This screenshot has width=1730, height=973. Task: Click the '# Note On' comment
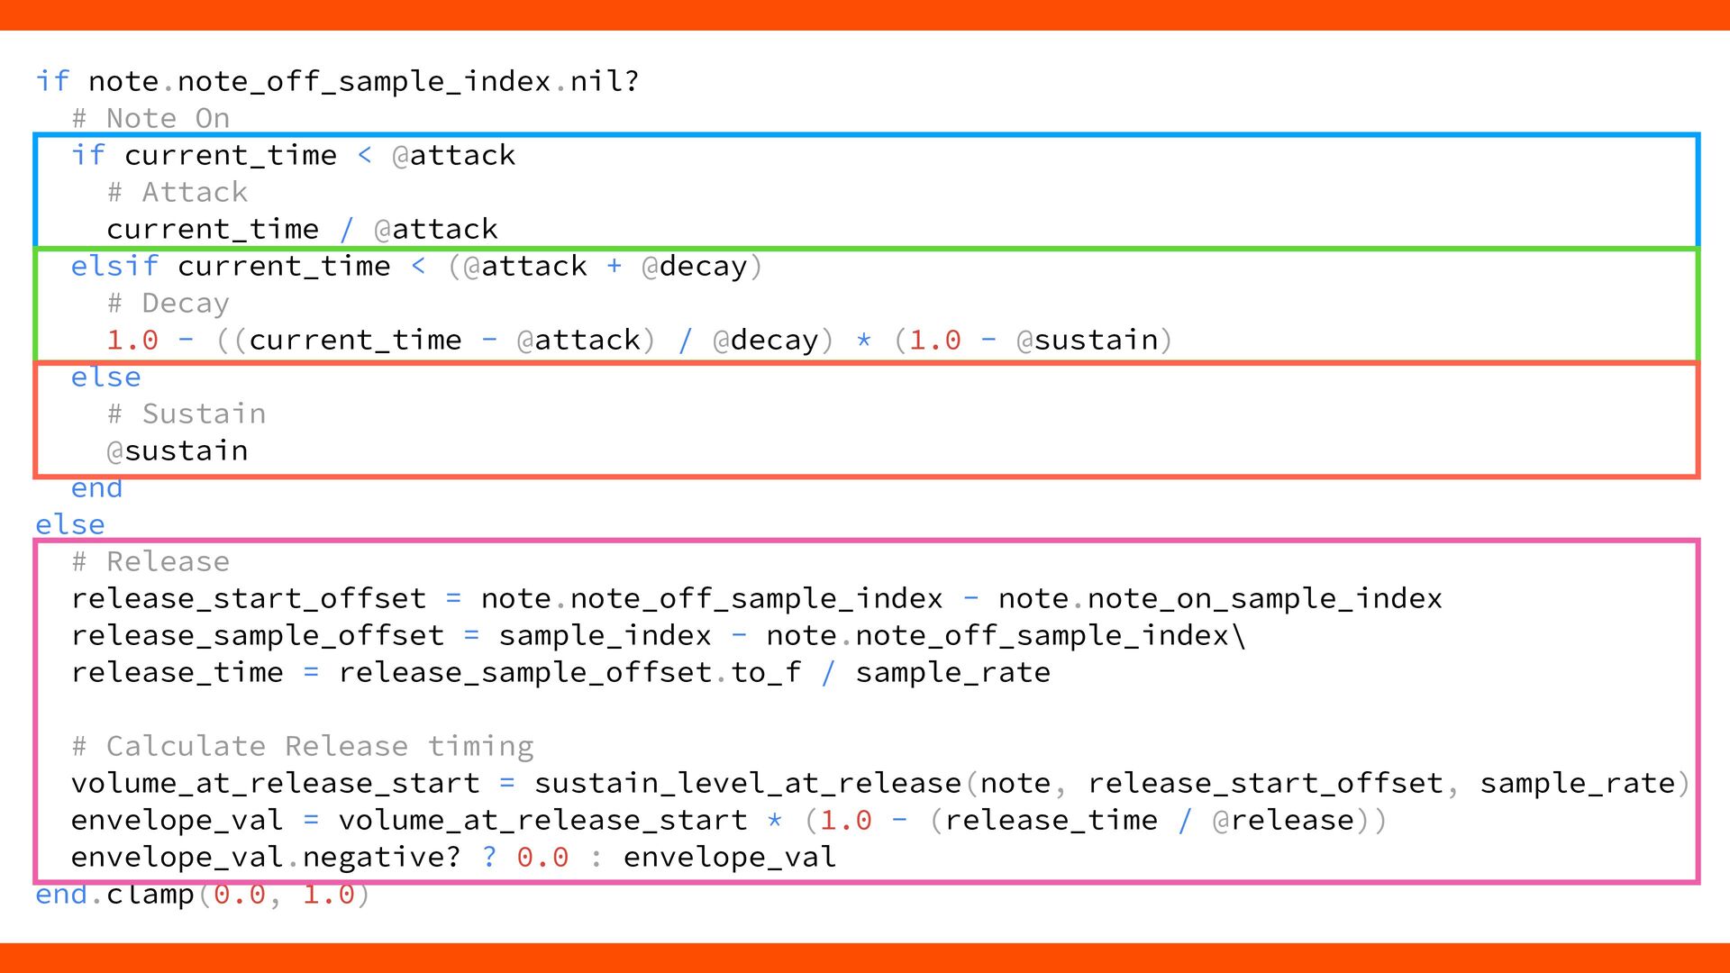150,118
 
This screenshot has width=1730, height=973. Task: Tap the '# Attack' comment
177,192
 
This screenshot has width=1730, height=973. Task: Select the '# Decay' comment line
168,303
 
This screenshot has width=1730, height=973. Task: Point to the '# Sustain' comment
186,414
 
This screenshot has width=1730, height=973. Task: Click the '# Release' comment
150,561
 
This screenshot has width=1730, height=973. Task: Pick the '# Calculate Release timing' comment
302,746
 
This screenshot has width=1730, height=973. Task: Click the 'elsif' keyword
114,266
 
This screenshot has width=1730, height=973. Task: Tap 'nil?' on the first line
605,81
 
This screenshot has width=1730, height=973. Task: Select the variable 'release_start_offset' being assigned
248,598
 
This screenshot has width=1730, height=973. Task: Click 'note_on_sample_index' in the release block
1264,598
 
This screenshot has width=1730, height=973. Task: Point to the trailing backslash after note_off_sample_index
1240,635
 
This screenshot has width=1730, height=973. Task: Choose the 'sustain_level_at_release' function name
747,783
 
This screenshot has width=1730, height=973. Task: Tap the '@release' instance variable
1283,820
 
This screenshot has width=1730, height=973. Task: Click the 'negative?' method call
381,857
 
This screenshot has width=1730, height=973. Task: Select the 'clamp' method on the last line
150,895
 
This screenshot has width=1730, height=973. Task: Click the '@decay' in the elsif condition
694,266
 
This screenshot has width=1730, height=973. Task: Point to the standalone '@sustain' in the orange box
177,450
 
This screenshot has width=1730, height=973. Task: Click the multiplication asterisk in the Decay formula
863,341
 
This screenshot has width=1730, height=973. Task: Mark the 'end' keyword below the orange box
96,488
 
